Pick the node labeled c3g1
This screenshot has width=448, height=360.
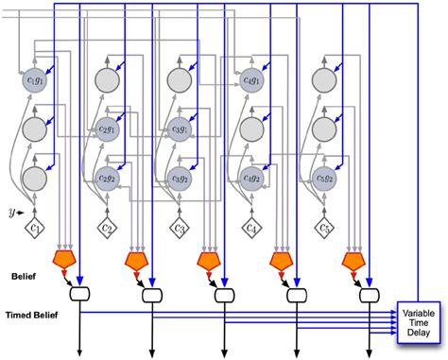click(180, 129)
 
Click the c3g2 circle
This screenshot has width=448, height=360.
click(180, 176)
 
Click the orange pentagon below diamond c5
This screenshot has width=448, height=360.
click(353, 259)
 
